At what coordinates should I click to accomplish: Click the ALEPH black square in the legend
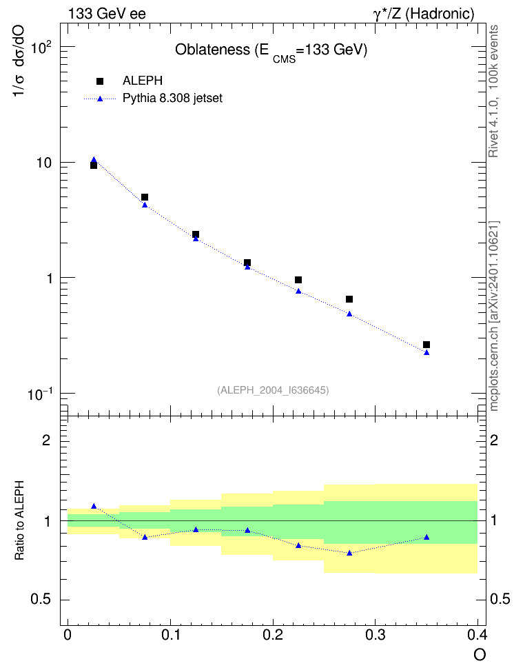click(x=100, y=81)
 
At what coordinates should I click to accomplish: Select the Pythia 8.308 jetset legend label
click(x=173, y=99)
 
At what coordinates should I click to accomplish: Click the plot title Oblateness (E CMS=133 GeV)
click(x=271, y=51)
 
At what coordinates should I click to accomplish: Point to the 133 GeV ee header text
click(x=107, y=14)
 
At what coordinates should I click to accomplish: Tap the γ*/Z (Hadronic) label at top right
click(x=424, y=14)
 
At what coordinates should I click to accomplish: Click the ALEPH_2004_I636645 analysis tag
click(x=273, y=390)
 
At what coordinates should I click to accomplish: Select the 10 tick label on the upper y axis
click(x=45, y=163)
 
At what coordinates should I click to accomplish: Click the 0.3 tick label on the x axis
click(x=375, y=635)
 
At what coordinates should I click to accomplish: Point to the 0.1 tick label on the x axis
click(x=170, y=635)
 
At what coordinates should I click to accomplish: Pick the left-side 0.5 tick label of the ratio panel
click(x=41, y=600)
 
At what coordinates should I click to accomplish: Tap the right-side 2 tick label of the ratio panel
click(x=494, y=440)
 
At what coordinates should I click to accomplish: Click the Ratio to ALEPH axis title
click(x=19, y=520)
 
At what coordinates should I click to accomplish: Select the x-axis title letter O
click(x=480, y=655)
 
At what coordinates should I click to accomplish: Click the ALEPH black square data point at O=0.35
click(x=426, y=345)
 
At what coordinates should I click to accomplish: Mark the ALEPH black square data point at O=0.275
click(x=349, y=299)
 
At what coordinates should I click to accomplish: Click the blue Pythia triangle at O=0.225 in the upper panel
click(x=298, y=291)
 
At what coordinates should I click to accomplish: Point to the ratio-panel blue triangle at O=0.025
click(x=94, y=507)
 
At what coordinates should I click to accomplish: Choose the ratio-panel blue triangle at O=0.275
click(x=349, y=553)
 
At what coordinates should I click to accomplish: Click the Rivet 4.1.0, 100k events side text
click(x=493, y=91)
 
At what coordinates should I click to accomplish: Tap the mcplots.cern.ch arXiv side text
click(x=494, y=316)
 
